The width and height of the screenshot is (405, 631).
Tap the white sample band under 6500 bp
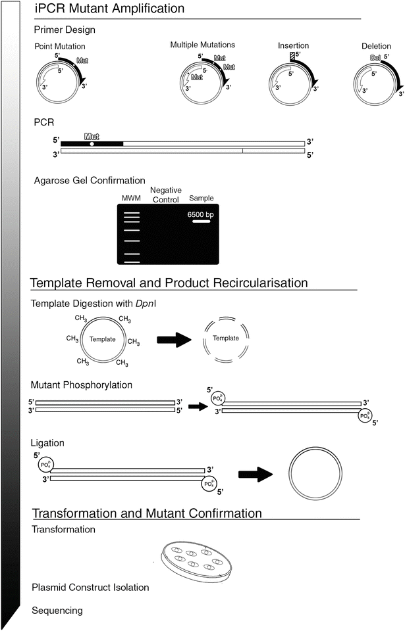click(201, 222)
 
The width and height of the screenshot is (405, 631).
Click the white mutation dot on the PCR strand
click(92, 143)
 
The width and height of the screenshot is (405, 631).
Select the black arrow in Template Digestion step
click(173, 340)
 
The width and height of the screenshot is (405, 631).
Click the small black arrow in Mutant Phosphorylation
click(196, 406)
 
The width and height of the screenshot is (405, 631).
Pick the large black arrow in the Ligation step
click(254, 472)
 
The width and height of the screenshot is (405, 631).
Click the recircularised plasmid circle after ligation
click(315, 473)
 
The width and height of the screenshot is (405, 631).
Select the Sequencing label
click(57, 611)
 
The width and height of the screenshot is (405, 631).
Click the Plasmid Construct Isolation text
click(90, 587)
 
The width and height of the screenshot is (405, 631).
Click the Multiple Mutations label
click(202, 45)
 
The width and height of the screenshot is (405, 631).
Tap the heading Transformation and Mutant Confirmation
click(147, 513)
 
